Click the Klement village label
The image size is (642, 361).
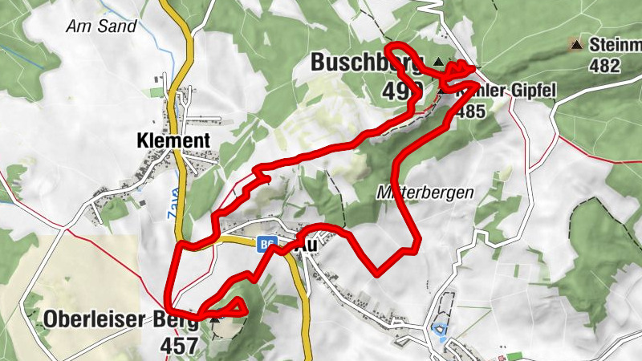(x=173, y=141)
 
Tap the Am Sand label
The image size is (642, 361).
(x=101, y=26)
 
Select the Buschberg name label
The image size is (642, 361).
(x=366, y=63)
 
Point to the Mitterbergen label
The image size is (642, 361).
(x=425, y=193)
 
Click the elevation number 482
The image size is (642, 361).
(x=604, y=65)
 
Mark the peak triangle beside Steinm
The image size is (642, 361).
(x=576, y=43)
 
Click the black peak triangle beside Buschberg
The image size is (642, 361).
(x=438, y=61)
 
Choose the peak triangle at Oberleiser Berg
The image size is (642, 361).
(x=214, y=319)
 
